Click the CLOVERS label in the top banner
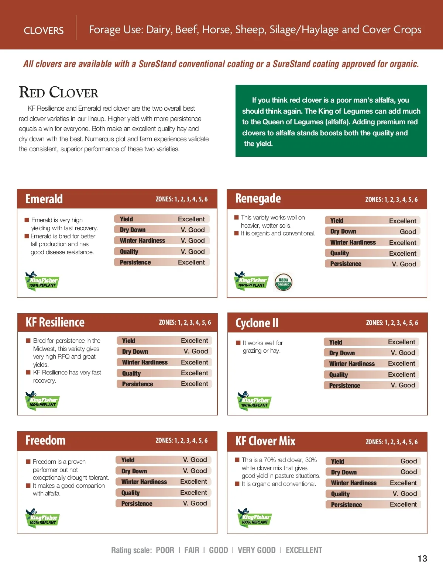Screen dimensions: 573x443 pyautogui.click(x=44, y=31)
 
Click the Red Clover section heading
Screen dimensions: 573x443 pyautogui.click(x=59, y=92)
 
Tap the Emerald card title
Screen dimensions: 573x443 pyautogui.click(x=44, y=199)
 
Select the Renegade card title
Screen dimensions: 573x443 pyautogui.click(x=258, y=199)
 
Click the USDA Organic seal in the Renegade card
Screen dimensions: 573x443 pyautogui.click(x=283, y=282)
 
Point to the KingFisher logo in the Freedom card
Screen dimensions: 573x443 pyautogui.click(x=42, y=518)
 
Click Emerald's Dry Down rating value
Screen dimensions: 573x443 pyautogui.click(x=192, y=230)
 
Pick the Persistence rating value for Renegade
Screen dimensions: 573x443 pyautogui.click(x=404, y=264)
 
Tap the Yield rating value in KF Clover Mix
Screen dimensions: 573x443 pyautogui.click(x=409, y=461)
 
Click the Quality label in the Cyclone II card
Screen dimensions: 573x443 pyautogui.click(x=339, y=375)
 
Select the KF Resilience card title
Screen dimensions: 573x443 pyautogui.click(x=55, y=322)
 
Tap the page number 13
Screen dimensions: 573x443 pyautogui.click(x=422, y=559)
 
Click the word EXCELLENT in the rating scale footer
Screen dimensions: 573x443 pyautogui.click(x=304, y=550)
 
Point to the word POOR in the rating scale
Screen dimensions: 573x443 pyautogui.click(x=165, y=550)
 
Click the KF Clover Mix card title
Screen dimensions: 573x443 pyautogui.click(x=265, y=441)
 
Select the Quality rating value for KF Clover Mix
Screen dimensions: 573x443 pyautogui.click(x=405, y=494)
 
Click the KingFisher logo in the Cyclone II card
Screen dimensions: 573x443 pyautogui.click(x=254, y=401)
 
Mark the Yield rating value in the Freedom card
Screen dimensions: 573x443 pyautogui.click(x=195, y=460)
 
